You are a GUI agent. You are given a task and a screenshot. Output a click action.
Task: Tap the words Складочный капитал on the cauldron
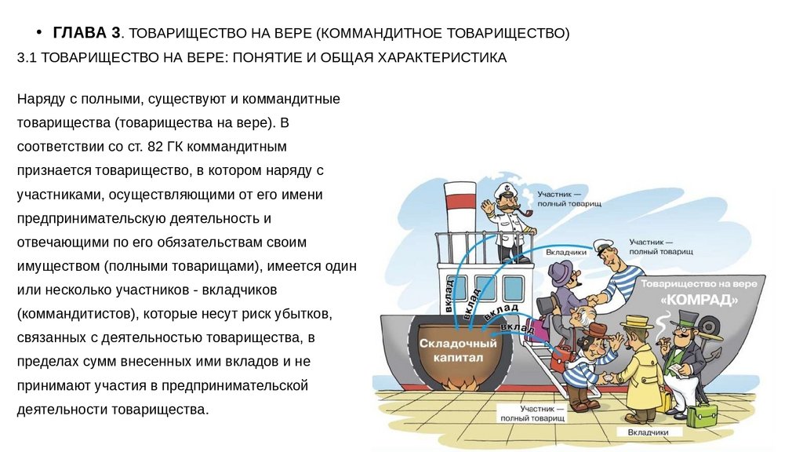(x=458, y=350)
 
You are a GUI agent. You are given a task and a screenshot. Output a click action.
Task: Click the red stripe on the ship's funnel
(x=461, y=199)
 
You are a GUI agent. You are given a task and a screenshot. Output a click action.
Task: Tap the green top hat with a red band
(x=688, y=319)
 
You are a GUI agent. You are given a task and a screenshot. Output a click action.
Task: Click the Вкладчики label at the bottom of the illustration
(x=647, y=432)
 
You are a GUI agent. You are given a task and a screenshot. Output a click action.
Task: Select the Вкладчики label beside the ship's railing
(x=568, y=253)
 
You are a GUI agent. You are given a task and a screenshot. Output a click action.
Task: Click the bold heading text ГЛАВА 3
(x=86, y=33)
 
